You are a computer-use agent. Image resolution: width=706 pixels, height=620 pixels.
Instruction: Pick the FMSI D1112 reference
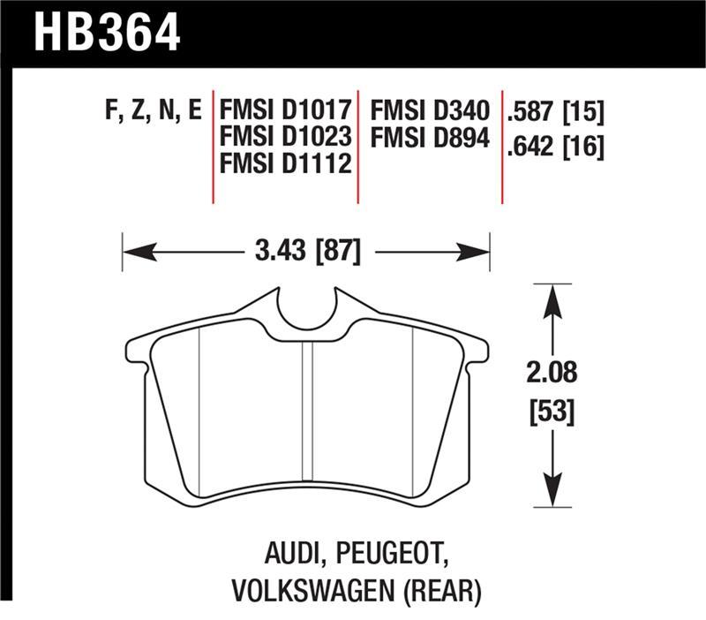[285, 164]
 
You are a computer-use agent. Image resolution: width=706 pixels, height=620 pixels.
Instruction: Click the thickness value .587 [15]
[555, 112]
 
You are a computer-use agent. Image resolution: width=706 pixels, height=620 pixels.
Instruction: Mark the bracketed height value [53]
[552, 411]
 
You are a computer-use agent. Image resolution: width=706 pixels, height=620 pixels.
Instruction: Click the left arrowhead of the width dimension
[131, 253]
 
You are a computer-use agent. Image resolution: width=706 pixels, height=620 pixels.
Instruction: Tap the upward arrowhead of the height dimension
[552, 295]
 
